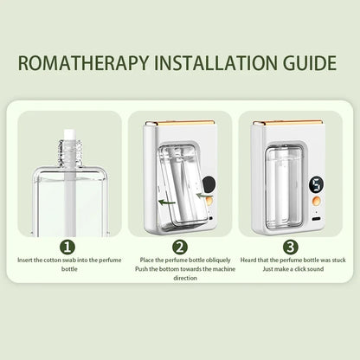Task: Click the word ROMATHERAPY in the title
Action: tap(83, 62)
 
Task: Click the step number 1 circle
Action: tap(67, 247)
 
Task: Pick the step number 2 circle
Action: tap(180, 247)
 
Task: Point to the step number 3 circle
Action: tap(291, 247)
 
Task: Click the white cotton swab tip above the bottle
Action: tap(69, 135)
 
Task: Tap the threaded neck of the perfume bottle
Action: tap(69, 152)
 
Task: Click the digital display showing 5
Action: tap(316, 184)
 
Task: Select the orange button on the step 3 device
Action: tap(316, 200)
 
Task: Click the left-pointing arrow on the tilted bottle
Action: tap(167, 202)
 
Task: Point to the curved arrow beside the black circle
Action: tap(202, 196)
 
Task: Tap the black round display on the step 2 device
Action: tap(207, 184)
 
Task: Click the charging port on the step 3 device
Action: tap(317, 219)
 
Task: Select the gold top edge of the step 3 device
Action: tap(287, 123)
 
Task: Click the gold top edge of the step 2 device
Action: tap(179, 123)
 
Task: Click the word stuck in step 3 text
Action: tap(338, 260)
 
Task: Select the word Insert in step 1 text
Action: tap(25, 260)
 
